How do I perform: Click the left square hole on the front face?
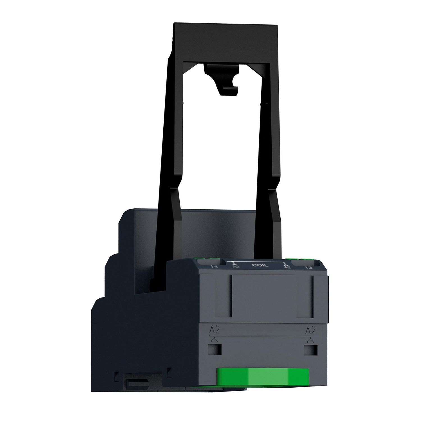[215, 349]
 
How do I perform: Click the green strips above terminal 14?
[208, 258]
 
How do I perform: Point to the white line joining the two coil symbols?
[258, 261]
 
